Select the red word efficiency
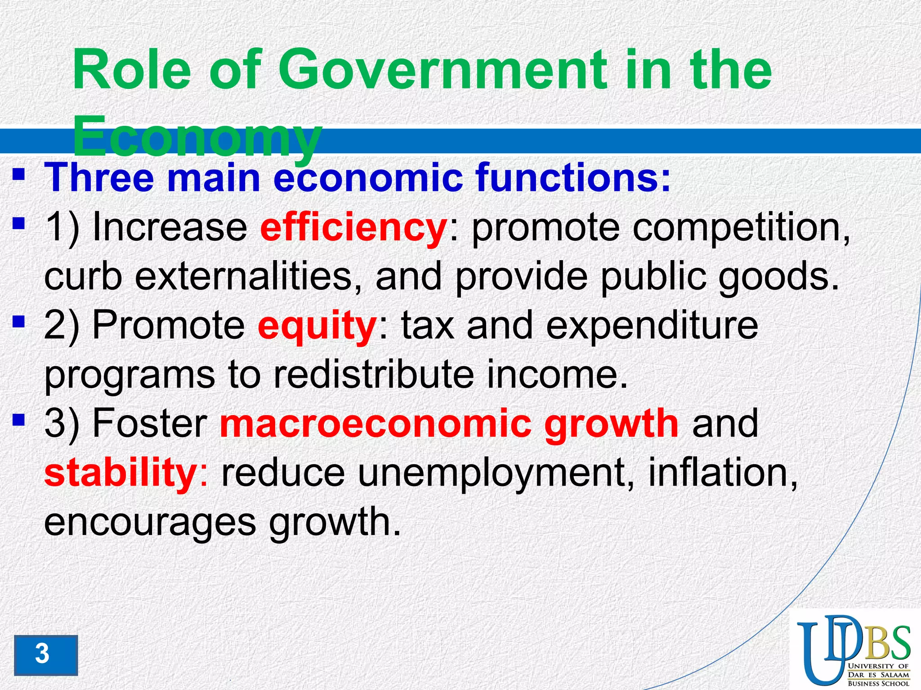353,228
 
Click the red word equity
317,326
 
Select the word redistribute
373,375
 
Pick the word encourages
150,522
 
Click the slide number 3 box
45,655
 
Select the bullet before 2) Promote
18,322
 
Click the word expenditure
652,326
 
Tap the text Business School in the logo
878,683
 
